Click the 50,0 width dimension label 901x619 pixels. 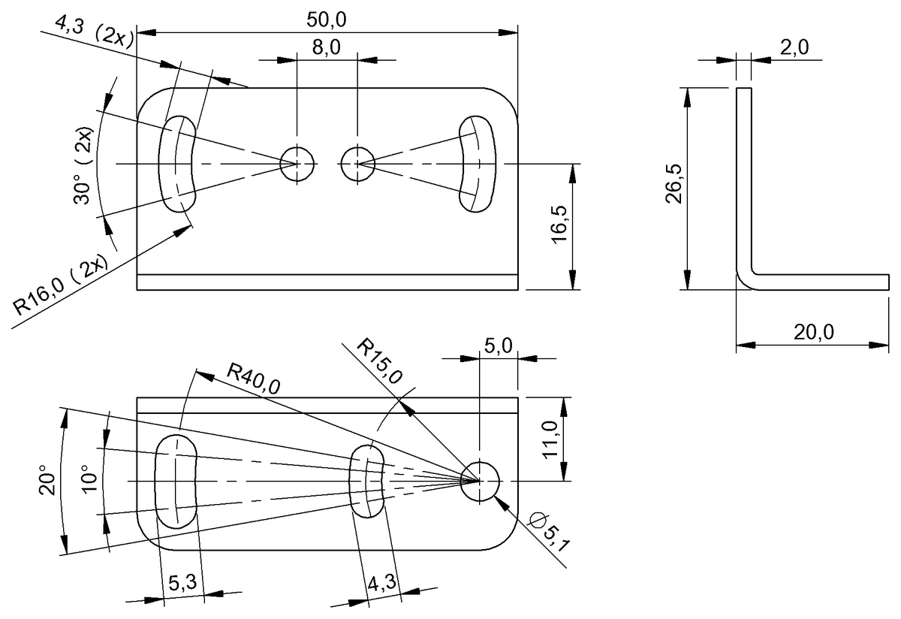click(x=327, y=20)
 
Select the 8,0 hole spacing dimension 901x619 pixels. click(x=327, y=48)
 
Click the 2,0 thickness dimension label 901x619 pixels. click(x=794, y=48)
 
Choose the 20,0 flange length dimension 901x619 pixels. click(x=812, y=331)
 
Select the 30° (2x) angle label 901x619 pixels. click(x=84, y=167)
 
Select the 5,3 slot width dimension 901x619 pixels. click(x=180, y=582)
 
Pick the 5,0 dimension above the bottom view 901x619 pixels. click(x=497, y=346)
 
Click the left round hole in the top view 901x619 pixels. click(x=297, y=162)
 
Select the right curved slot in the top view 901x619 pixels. click(x=478, y=163)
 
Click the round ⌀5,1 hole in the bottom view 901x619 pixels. click(x=480, y=481)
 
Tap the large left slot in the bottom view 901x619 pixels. click(x=176, y=480)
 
